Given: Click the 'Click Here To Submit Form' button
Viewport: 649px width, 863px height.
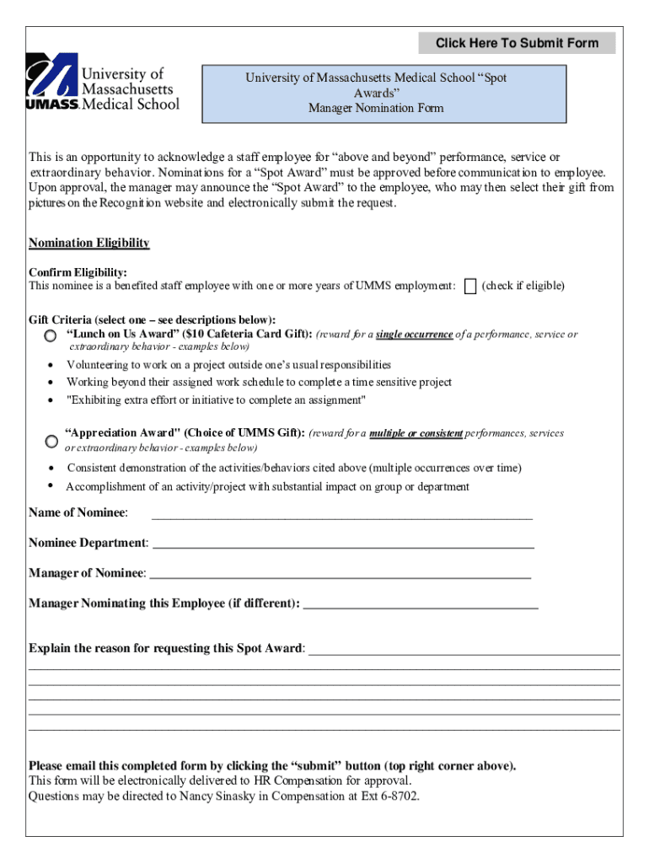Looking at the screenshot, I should tap(517, 43).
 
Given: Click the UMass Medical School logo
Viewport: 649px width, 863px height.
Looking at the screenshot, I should tap(103, 82).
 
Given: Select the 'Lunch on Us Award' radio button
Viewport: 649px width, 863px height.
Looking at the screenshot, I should tap(51, 336).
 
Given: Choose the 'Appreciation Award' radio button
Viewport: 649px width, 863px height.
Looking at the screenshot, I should tap(51, 441).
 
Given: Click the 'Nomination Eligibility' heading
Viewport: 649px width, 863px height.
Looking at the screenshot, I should tap(89, 244).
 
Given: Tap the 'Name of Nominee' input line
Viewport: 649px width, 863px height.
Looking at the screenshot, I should tap(341, 514).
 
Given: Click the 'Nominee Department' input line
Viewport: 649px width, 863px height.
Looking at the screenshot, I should tap(342, 544).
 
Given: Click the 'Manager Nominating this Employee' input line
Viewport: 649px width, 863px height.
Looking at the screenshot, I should tap(420, 604).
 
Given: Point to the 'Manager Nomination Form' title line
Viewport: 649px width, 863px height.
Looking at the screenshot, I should tap(376, 108).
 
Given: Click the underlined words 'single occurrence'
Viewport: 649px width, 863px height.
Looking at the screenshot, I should tap(414, 335).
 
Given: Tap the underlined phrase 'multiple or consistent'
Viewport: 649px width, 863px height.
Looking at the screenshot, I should tap(416, 434).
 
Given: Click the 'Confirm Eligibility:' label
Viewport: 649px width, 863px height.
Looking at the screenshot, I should tap(78, 273).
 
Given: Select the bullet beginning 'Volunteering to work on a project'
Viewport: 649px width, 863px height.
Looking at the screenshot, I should tap(228, 365).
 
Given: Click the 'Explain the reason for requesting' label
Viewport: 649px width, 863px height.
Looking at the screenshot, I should tap(165, 649).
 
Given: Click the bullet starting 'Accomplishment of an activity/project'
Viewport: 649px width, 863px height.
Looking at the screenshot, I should tap(267, 487).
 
